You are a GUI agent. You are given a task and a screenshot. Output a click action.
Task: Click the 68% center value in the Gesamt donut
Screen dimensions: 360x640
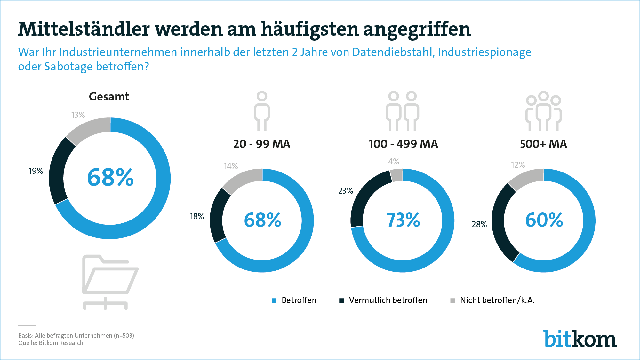110,177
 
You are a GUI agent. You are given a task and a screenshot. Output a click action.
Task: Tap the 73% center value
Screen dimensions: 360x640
403,220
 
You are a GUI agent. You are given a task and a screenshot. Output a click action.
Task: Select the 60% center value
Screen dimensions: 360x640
544,220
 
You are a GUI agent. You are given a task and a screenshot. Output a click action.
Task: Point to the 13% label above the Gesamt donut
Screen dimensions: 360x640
78,115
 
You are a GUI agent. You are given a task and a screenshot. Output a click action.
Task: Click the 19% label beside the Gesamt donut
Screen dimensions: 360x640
36,171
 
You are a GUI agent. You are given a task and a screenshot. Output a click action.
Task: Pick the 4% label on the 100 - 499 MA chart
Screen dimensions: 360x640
394,162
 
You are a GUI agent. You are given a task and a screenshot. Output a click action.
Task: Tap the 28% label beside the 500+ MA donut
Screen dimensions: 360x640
479,224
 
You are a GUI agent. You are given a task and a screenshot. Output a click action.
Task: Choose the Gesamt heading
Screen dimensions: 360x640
109,97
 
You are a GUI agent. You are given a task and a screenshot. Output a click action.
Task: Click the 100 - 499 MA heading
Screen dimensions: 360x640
403,144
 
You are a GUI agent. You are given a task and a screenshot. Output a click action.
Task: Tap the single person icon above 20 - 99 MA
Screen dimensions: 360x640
262,111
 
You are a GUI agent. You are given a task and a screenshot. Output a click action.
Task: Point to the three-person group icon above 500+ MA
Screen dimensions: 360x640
543,111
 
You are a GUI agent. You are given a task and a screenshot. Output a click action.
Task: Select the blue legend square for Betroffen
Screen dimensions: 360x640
274,300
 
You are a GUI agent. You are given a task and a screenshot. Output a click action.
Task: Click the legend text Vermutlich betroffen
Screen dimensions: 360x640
388,300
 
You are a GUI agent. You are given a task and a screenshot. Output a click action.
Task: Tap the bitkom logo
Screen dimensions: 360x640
580,339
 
